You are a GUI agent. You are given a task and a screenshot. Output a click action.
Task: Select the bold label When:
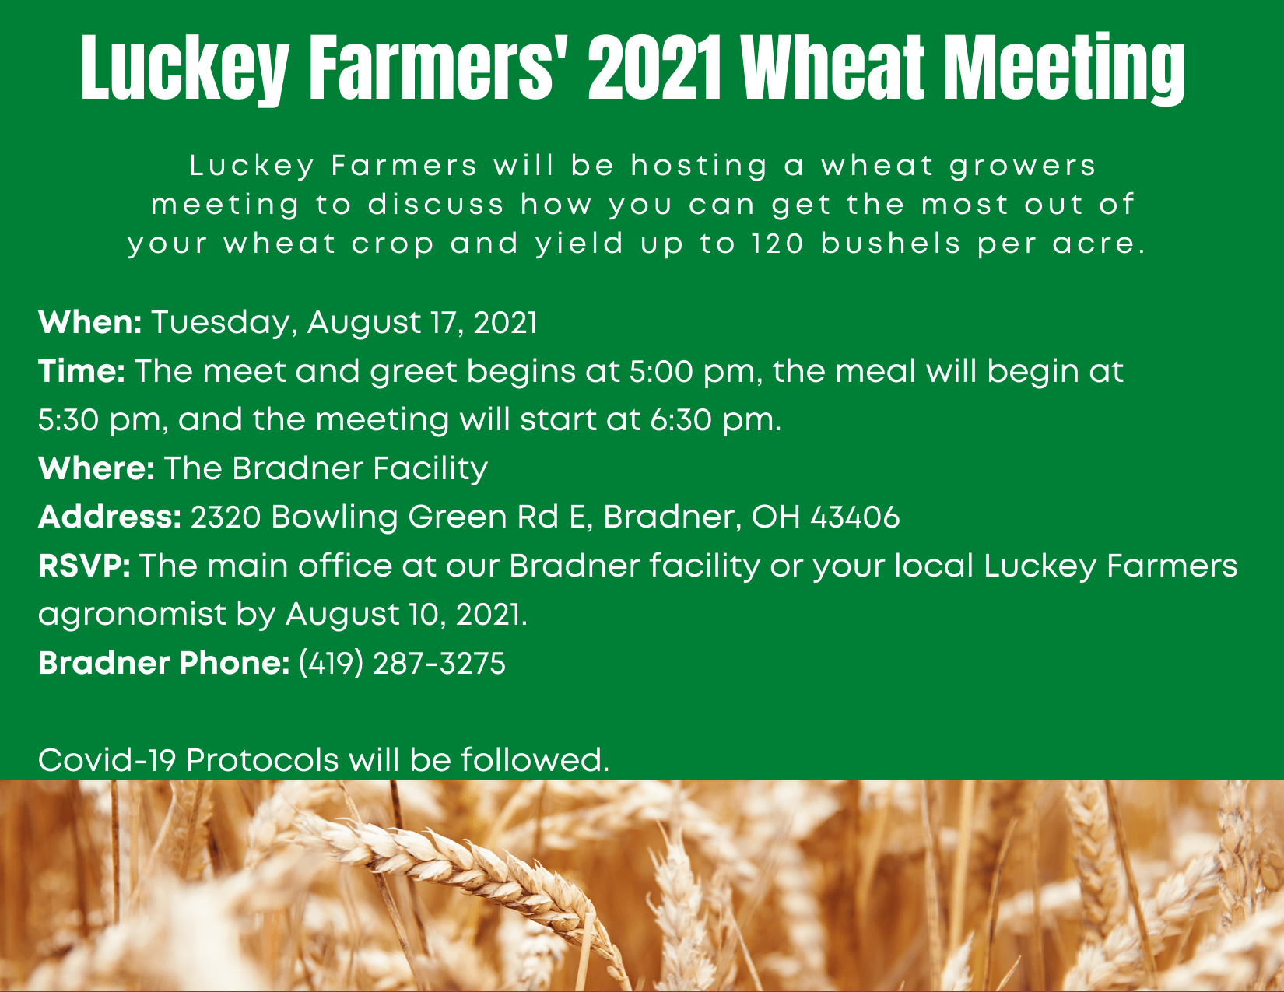(89, 322)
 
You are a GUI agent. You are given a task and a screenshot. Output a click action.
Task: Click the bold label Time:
(82, 371)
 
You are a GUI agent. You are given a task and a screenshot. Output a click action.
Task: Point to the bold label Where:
(96, 468)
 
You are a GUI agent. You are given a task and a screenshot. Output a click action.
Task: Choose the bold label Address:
(110, 517)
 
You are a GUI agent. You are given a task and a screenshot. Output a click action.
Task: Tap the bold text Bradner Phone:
(164, 663)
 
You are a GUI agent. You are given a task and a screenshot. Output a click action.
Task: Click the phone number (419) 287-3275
(402, 663)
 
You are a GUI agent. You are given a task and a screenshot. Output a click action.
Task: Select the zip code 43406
(855, 517)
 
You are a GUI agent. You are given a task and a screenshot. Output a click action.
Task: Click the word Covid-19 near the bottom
(107, 760)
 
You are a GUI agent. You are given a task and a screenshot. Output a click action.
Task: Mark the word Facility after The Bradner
(430, 469)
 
